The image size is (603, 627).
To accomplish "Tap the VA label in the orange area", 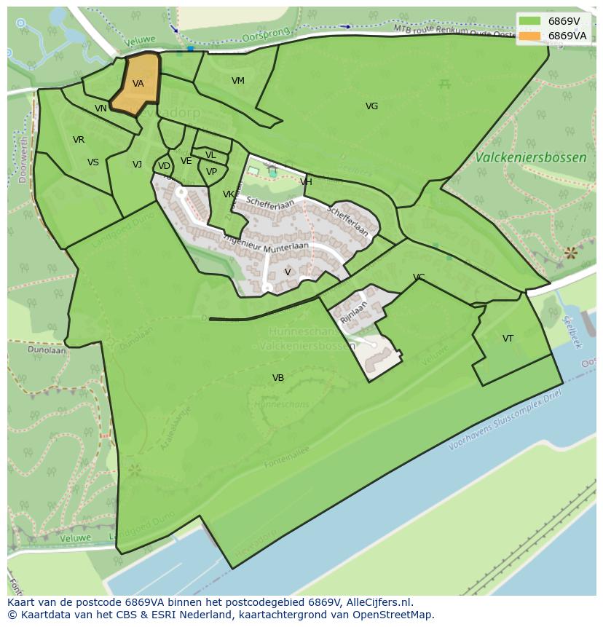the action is coord(138,84).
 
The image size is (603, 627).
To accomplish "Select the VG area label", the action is coord(371,106).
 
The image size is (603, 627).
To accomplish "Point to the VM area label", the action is coord(238,81).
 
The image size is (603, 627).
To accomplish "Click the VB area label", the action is coord(278,378).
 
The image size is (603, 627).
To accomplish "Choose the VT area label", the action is coord(508,339).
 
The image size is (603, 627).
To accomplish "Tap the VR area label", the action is coord(79,140).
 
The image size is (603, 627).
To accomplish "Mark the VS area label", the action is coord(93,162).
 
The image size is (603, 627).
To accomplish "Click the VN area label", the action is coord(100,109).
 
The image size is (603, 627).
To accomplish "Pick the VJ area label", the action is coord(137,165).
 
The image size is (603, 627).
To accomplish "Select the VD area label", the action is coord(164,166).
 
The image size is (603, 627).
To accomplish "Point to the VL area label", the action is coord(210,155).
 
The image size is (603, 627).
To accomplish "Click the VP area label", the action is coord(211,172).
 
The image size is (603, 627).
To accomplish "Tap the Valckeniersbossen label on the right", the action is coord(530,157).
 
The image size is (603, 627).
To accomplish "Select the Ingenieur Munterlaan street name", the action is coord(266,242).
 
